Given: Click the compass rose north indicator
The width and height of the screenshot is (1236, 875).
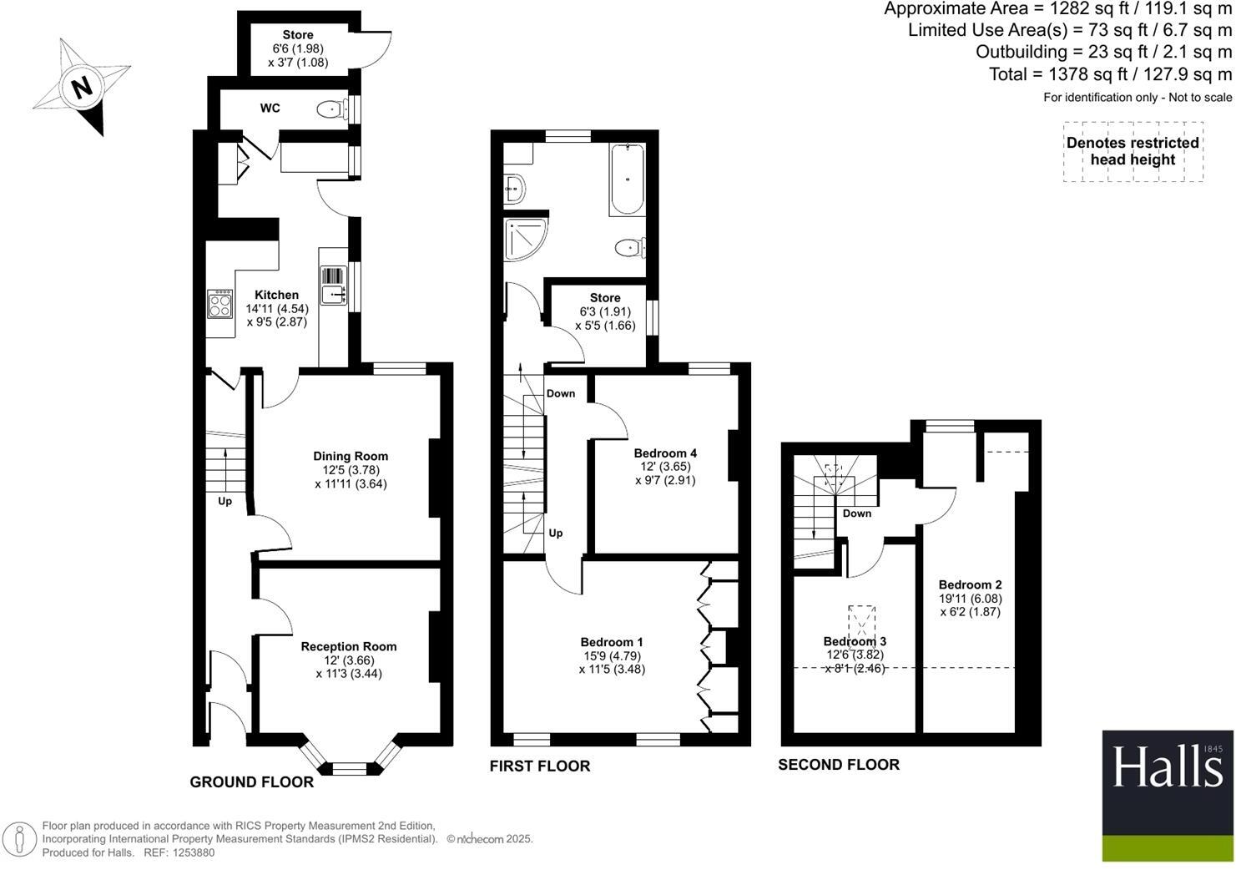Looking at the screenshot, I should coord(81,87).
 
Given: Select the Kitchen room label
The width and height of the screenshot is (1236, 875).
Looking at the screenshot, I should coord(276,295).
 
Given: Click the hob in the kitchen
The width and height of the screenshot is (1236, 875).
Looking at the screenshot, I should coord(219,303).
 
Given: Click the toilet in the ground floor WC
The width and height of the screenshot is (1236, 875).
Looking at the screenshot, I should coord(334,109).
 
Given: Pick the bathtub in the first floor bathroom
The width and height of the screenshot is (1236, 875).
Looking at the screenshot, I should coord(626,180).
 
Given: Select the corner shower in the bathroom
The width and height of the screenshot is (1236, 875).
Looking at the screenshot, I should coord(524,240).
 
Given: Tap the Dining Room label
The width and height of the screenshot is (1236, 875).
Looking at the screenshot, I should coord(351,456).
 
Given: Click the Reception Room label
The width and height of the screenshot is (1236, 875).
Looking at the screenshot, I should coord(349,646).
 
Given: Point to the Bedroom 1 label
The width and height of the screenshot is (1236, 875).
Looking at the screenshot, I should coord(612,642).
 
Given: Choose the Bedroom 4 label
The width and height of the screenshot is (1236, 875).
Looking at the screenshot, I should coord(665,453).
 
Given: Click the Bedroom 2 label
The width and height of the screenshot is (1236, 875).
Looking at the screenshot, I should coord(970,585).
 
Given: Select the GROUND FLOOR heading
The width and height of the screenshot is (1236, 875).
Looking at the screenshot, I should coord(252,782).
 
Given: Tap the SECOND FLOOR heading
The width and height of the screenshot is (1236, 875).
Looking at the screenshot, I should coord(839,765).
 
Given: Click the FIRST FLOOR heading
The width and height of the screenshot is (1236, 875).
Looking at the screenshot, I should coord(540,766).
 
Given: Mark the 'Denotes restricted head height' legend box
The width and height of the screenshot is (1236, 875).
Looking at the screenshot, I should coord(1133,151).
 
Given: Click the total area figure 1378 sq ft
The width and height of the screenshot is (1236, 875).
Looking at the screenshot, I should coord(1110,74).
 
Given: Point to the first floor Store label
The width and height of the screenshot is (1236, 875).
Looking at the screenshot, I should coord(605,298).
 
